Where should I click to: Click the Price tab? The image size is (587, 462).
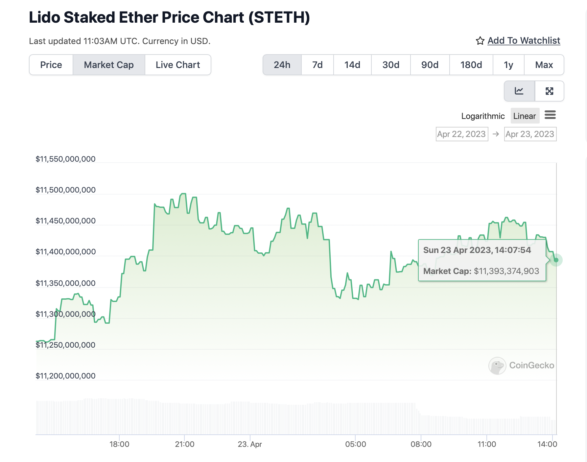pos(51,65)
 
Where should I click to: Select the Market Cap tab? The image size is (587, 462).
pos(109,65)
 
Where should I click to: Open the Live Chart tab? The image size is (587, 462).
pos(178,65)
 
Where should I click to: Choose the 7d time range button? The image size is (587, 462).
pos(317,65)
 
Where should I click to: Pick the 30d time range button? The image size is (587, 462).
pos(391,65)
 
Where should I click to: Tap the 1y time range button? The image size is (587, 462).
pos(508,65)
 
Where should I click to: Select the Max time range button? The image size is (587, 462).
pos(544,65)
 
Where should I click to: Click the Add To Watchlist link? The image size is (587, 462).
pos(524,40)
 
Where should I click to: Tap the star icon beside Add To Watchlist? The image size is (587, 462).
pos(480,41)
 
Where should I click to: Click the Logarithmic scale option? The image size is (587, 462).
pos(483,116)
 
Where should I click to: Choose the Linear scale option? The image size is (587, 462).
pos(525,116)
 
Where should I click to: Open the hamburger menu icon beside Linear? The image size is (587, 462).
pos(550,115)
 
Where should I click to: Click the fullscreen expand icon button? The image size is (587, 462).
pos(550,91)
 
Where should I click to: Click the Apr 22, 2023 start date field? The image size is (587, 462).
pos(461,134)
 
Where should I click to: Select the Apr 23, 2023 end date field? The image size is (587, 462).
pos(530,134)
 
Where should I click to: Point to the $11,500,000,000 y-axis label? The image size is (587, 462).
pos(65,190)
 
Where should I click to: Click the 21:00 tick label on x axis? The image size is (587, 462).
pos(185,444)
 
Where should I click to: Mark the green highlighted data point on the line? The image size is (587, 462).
pos(556,260)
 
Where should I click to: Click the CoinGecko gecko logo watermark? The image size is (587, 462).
pos(497,366)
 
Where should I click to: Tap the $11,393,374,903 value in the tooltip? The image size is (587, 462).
pos(506,271)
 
